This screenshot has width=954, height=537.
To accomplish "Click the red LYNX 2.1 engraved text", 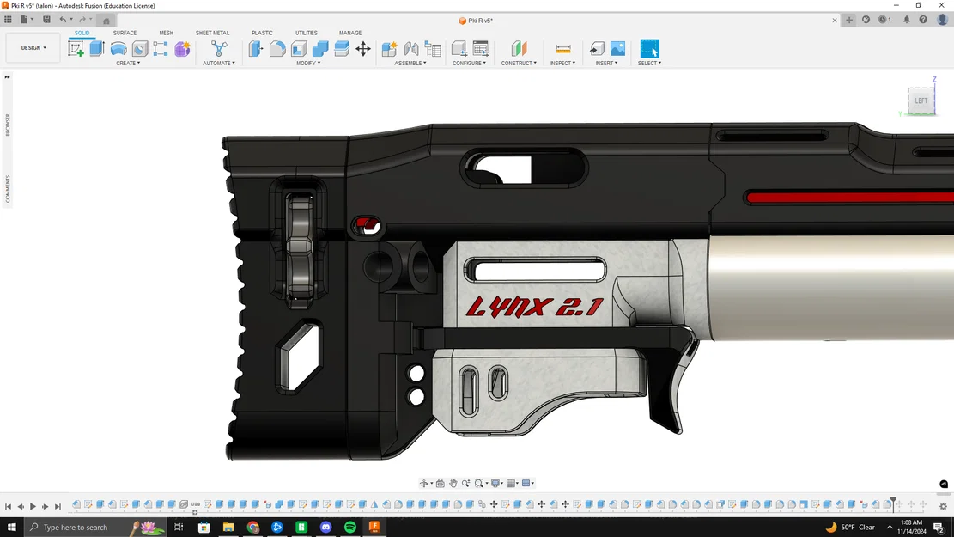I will pyautogui.click(x=533, y=307).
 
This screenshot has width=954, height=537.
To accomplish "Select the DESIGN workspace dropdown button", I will pyautogui.click(x=33, y=48).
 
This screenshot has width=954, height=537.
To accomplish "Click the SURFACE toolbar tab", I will pyautogui.click(x=125, y=33).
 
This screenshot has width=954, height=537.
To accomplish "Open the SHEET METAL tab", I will pyautogui.click(x=212, y=33).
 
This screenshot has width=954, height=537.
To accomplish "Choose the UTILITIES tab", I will pyautogui.click(x=307, y=33).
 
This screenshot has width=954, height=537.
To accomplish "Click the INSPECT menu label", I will pyautogui.click(x=562, y=63).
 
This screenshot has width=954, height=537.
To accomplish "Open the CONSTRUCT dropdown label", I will pyautogui.click(x=519, y=63).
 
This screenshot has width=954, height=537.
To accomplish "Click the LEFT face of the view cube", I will pyautogui.click(x=921, y=101).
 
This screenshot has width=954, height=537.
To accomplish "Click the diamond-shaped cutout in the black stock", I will pyautogui.click(x=300, y=353).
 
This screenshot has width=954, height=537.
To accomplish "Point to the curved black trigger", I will pyautogui.click(x=669, y=387).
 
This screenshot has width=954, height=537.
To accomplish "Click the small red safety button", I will pyautogui.click(x=367, y=226).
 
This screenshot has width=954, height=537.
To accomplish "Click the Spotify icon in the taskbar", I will pyautogui.click(x=350, y=527).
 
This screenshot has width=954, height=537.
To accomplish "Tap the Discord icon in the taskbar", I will pyautogui.click(x=326, y=527).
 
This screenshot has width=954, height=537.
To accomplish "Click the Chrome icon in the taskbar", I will pyautogui.click(x=253, y=527).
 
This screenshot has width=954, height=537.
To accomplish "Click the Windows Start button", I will pyautogui.click(x=12, y=527).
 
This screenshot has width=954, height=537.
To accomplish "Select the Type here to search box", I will pyautogui.click(x=82, y=527).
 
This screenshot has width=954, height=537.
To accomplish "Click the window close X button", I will pyautogui.click(x=941, y=5).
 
